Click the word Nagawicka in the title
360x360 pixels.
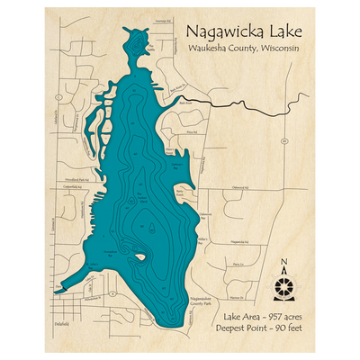click(x=210, y=31)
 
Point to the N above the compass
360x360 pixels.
click(x=283, y=264)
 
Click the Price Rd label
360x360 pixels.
click(x=190, y=131)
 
